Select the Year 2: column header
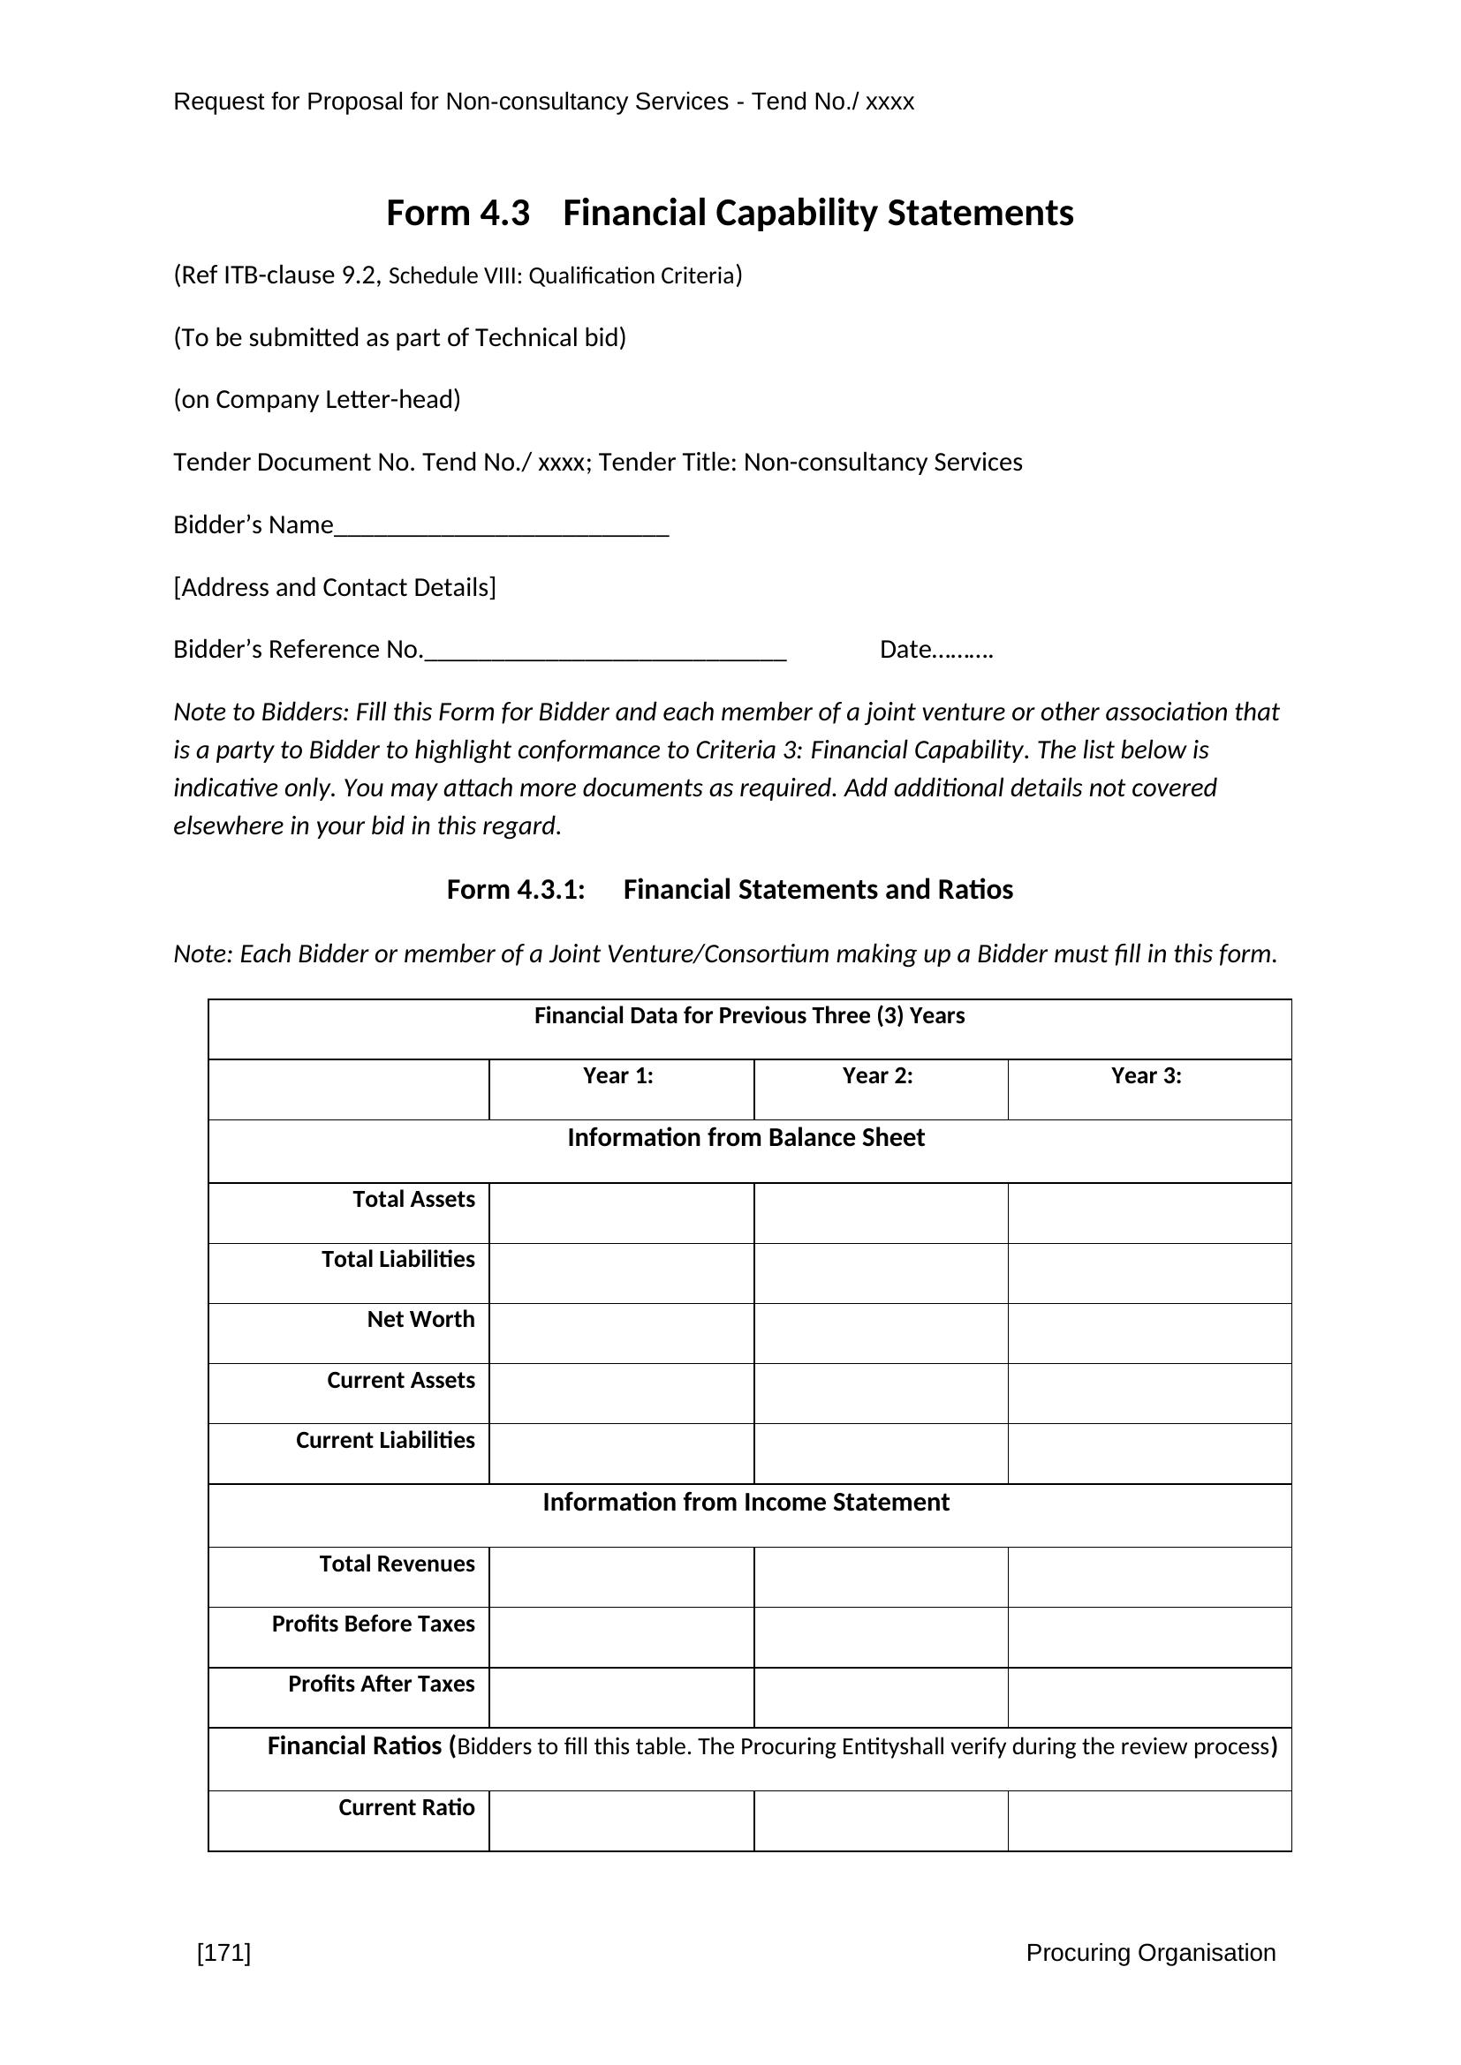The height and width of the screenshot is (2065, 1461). [877, 1075]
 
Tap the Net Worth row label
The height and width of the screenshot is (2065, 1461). [420, 1319]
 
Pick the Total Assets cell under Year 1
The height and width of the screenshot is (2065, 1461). [621, 1212]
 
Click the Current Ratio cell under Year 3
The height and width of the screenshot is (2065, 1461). [1149, 1820]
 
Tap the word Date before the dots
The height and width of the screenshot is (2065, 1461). [905, 650]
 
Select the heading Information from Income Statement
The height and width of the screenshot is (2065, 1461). [746, 1502]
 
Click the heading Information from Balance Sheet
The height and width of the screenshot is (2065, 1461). [746, 1138]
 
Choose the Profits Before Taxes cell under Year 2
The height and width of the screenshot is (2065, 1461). [880, 1637]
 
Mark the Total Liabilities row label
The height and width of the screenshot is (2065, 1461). [397, 1259]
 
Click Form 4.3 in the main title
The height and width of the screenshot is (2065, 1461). [458, 213]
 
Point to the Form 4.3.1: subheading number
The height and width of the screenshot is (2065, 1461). [516, 890]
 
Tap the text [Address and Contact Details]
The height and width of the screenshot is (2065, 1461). [335, 587]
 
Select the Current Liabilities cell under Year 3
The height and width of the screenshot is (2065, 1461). [1149, 1453]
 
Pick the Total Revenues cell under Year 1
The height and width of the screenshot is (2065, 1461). [621, 1577]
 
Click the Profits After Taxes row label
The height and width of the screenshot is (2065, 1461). [381, 1684]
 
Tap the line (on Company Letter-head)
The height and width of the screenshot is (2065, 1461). [317, 399]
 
